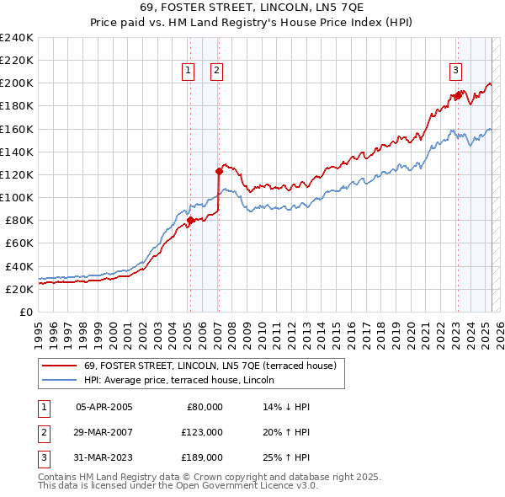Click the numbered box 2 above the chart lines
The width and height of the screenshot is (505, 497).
(x=216, y=71)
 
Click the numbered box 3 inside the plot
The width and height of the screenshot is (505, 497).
(x=455, y=71)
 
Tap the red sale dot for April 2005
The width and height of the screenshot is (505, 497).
(x=190, y=221)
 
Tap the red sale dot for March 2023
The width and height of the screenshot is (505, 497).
(x=458, y=96)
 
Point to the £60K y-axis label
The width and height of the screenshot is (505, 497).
(x=19, y=243)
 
